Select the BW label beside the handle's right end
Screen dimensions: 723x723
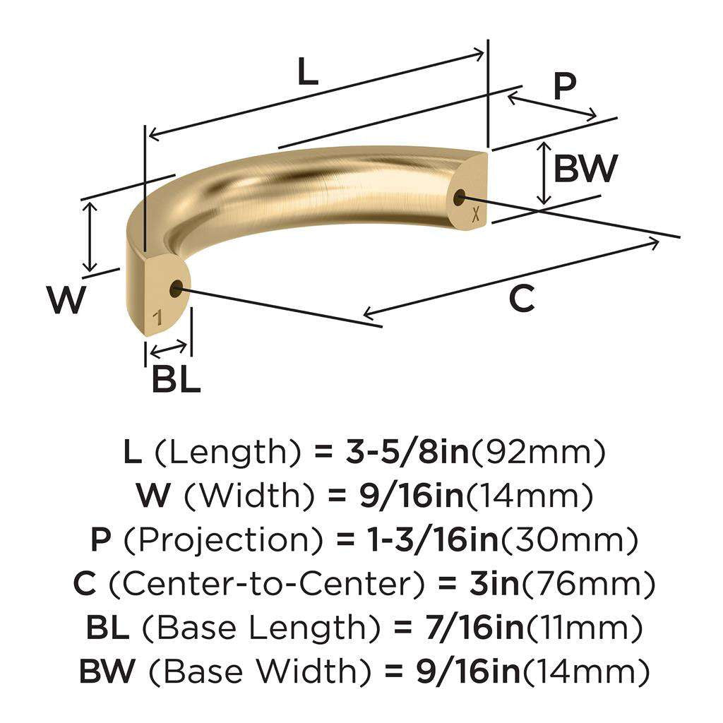click(585, 169)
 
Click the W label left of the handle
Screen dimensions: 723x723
click(67, 300)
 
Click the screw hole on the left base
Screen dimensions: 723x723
click(176, 288)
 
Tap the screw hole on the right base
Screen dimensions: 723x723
click(460, 198)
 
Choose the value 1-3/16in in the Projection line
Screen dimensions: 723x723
click(421, 541)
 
